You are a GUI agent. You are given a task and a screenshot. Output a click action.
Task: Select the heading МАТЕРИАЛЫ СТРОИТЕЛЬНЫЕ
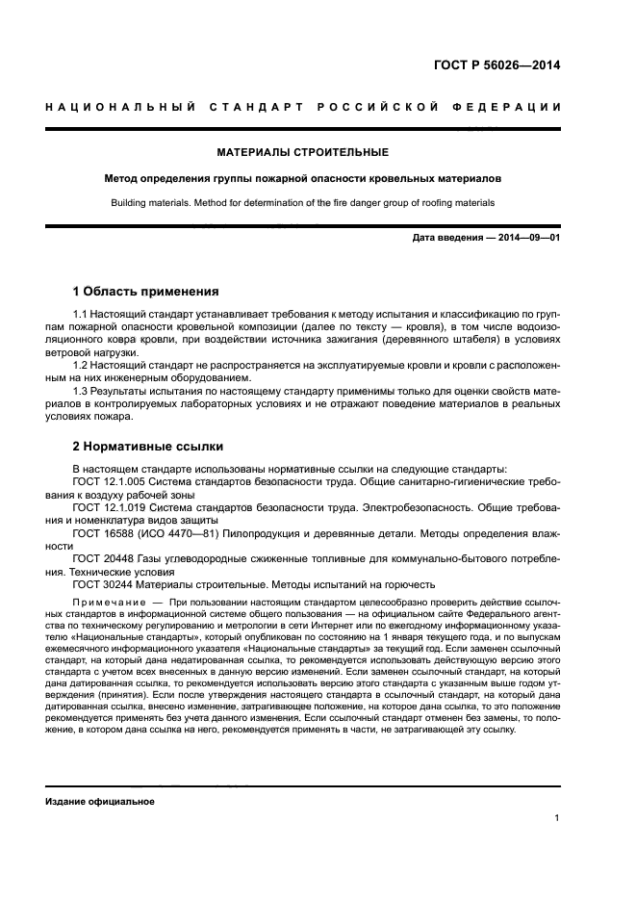(x=303, y=152)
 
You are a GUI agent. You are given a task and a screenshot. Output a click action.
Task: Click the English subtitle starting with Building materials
(x=303, y=203)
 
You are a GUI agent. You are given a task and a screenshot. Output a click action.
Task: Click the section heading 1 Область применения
(x=146, y=291)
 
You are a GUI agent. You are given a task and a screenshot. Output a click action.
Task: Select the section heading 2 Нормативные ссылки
(x=148, y=447)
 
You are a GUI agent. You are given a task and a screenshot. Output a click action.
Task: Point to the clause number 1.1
(x=81, y=315)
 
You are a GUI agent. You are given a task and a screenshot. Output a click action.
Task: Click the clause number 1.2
(x=81, y=365)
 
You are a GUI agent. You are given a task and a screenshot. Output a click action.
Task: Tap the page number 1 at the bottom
(x=557, y=818)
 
